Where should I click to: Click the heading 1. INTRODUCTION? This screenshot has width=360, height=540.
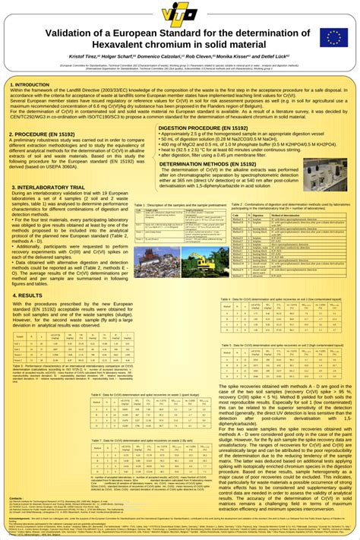pyautogui.click(x=30, y=84)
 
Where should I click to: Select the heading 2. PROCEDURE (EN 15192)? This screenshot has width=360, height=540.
pyautogui.click(x=42, y=134)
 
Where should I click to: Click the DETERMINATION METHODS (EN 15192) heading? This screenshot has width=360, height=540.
pyautogui.click(x=207, y=163)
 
